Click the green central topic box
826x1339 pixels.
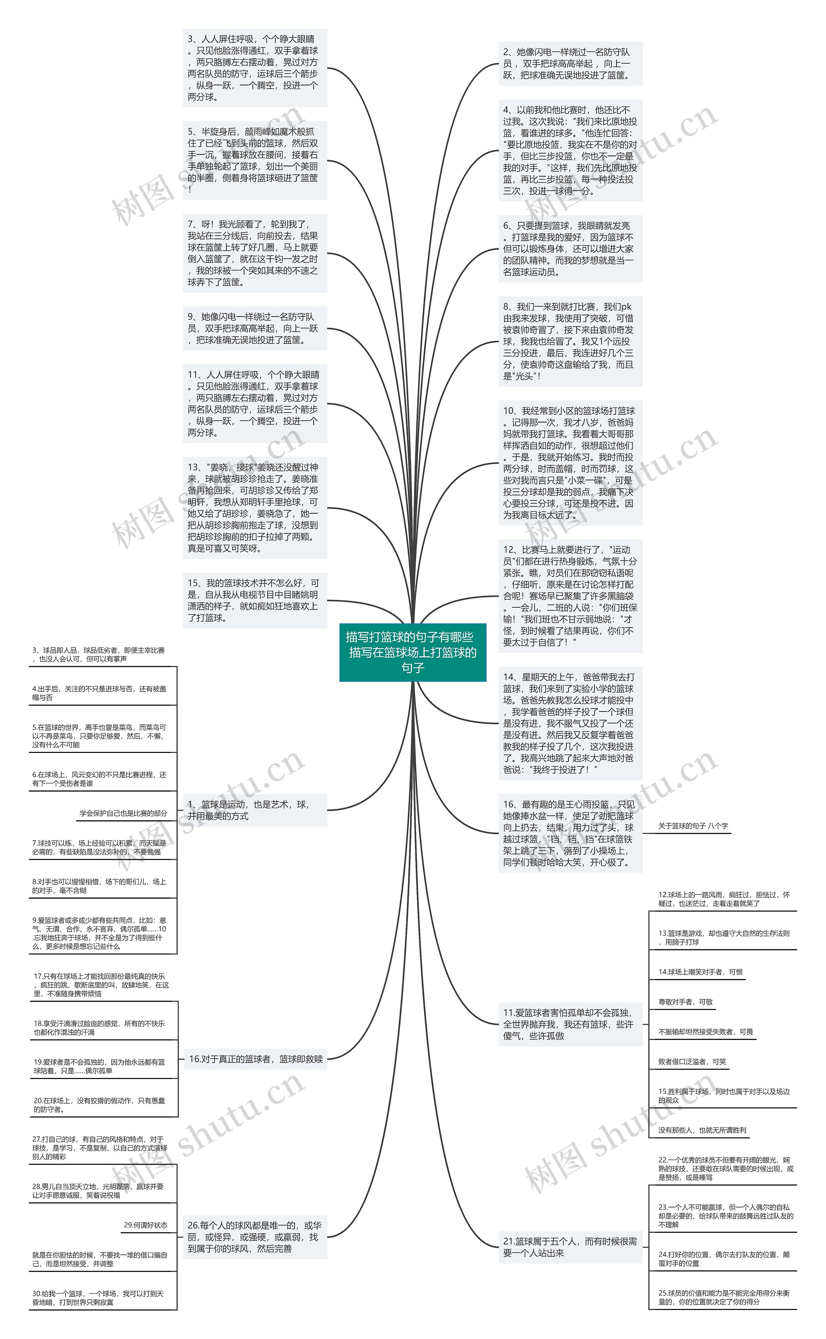pos(412,652)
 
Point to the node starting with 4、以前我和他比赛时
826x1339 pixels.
pos(570,150)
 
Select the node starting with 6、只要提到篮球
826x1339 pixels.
pos(570,248)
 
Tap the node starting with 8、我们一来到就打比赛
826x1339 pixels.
pos(570,341)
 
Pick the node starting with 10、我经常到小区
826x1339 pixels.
pos(570,463)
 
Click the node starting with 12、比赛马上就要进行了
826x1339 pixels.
pos(570,596)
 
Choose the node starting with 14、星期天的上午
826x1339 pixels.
pos(570,723)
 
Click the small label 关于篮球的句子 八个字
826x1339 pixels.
pos(693,826)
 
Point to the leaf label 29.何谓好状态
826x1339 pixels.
pos(145,1225)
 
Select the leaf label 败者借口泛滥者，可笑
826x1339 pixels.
pos(691,1062)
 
